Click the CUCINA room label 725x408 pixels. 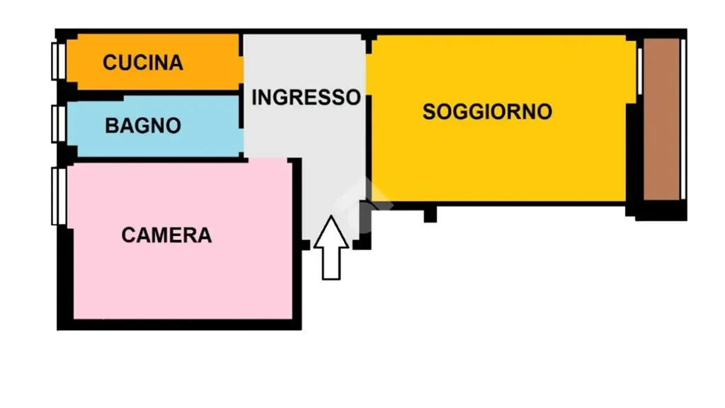pyautogui.click(x=143, y=62)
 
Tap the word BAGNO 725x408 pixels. pyautogui.click(x=143, y=125)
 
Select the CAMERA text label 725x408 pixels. pyautogui.click(x=166, y=235)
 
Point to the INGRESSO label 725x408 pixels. pyautogui.click(x=306, y=97)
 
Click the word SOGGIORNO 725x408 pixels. pyautogui.click(x=487, y=111)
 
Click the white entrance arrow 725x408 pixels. pyautogui.click(x=331, y=247)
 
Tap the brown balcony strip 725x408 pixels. pyautogui.click(x=661, y=119)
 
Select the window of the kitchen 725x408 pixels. pyautogui.click(x=59, y=61)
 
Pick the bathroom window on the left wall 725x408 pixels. pyautogui.click(x=59, y=123)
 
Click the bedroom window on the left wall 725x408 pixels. pyautogui.click(x=59, y=196)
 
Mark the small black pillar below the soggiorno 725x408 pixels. pyautogui.click(x=430, y=214)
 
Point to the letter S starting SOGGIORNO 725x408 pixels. pyautogui.click(x=429, y=112)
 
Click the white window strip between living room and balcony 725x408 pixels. pyautogui.click(x=639, y=72)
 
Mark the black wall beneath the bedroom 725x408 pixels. pyautogui.click(x=179, y=324)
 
